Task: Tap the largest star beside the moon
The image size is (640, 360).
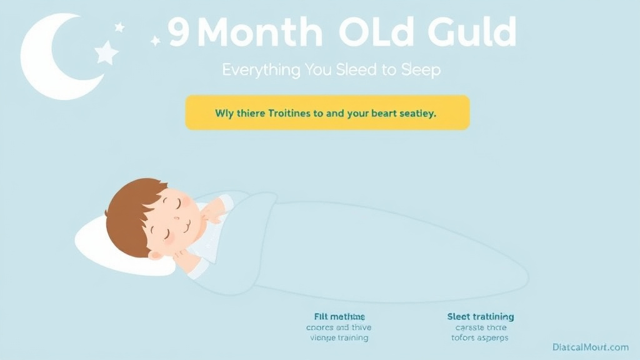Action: click(x=106, y=52)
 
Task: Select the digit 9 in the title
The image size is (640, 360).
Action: click(x=179, y=32)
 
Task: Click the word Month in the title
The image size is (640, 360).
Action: click(x=260, y=32)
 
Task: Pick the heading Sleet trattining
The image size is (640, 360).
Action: click(x=481, y=317)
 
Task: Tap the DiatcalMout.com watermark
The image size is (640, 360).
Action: click(x=591, y=347)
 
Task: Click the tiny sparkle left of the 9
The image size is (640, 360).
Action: click(x=156, y=41)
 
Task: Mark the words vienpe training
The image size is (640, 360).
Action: click(x=337, y=337)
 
